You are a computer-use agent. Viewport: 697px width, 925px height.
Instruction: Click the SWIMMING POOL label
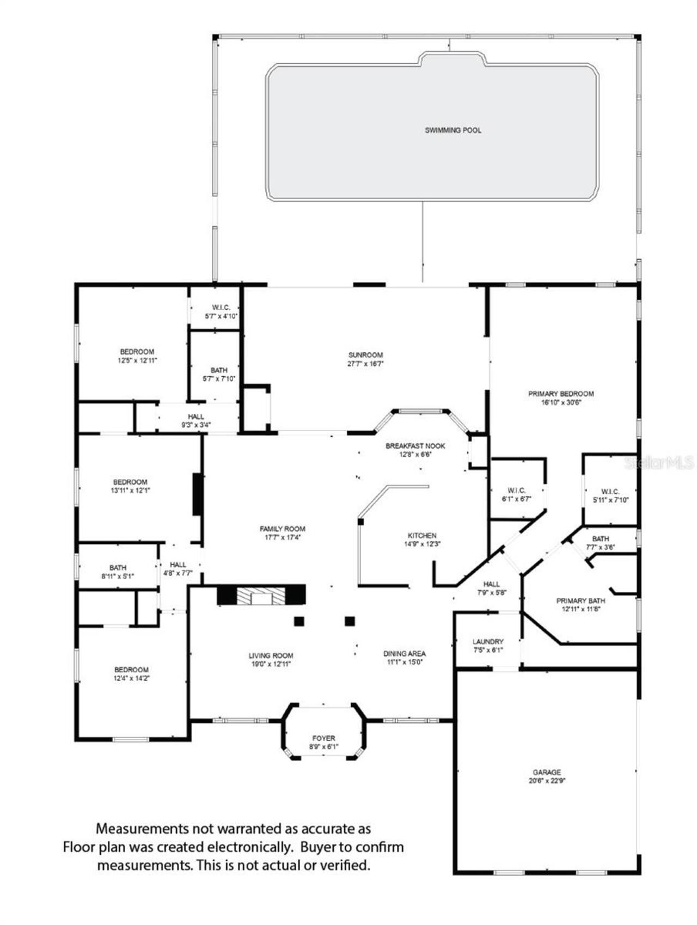click(x=453, y=130)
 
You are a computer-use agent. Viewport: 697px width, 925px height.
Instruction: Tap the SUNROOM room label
click(x=366, y=355)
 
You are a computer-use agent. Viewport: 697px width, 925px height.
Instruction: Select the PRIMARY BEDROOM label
click(x=561, y=394)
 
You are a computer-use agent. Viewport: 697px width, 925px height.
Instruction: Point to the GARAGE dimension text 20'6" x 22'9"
click(x=547, y=780)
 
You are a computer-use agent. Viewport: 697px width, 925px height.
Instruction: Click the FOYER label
click(x=323, y=738)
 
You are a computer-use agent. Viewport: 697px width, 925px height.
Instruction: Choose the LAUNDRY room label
click(x=488, y=642)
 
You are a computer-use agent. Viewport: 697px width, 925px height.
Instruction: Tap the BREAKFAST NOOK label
click(x=415, y=446)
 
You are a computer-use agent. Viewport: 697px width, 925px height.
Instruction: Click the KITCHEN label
click(x=422, y=536)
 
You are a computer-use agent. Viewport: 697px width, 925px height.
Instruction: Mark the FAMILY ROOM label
click(x=282, y=529)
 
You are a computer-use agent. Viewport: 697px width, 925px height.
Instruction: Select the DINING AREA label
click(x=404, y=653)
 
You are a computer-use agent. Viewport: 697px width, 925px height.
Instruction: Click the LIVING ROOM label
click(x=271, y=656)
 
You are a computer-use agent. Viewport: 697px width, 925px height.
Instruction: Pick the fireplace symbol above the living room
click(x=261, y=595)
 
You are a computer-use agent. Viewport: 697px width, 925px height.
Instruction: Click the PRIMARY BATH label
click(x=580, y=601)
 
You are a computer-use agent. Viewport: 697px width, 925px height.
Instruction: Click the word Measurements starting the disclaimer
click(x=142, y=829)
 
